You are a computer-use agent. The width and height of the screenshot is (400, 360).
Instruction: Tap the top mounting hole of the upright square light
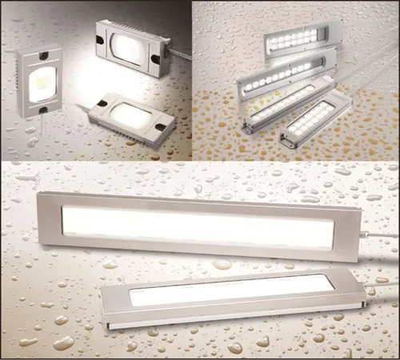tap(40, 57)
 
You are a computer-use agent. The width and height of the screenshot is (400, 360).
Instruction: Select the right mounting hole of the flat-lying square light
tap(161, 125)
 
